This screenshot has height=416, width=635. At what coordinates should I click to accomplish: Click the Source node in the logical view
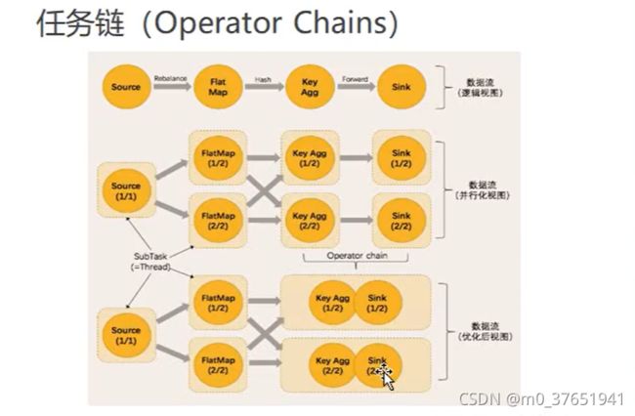pyautogui.click(x=126, y=87)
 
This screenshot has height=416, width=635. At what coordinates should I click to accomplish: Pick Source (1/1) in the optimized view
pyautogui.click(x=126, y=335)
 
